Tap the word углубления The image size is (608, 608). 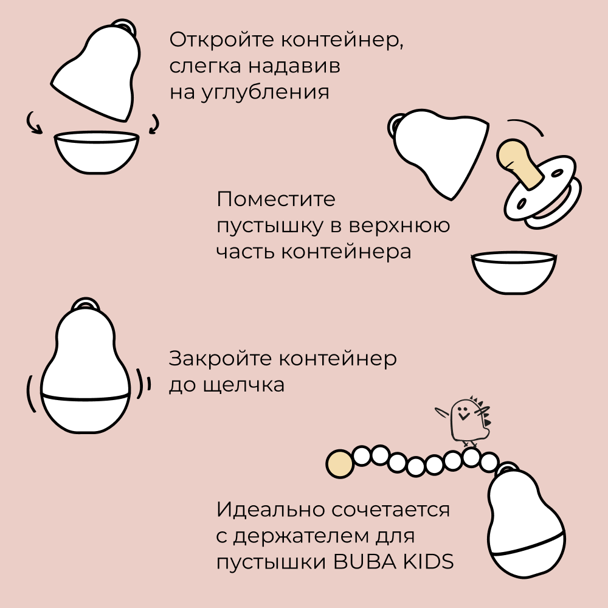click(x=265, y=93)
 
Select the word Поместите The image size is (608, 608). click(x=275, y=199)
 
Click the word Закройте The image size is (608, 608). click(x=220, y=359)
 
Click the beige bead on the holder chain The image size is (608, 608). click(x=339, y=463)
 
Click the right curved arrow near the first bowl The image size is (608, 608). click(x=154, y=124)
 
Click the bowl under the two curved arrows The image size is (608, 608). click(x=97, y=151)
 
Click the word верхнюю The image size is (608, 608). click(x=399, y=226)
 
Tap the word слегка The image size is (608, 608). click(x=205, y=66)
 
